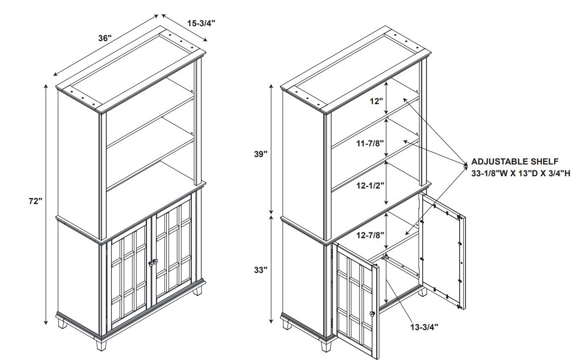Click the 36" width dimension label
(x=105, y=38)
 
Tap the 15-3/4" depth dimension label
(x=201, y=23)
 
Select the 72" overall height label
(x=36, y=201)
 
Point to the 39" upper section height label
(x=261, y=154)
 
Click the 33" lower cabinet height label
(x=261, y=270)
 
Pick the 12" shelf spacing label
(x=376, y=101)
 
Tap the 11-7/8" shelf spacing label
(x=370, y=143)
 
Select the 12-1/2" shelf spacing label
(x=370, y=185)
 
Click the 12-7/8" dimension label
(x=370, y=234)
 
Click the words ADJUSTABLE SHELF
(x=515, y=161)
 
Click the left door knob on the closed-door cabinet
(x=150, y=263)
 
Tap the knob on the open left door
(x=372, y=314)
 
